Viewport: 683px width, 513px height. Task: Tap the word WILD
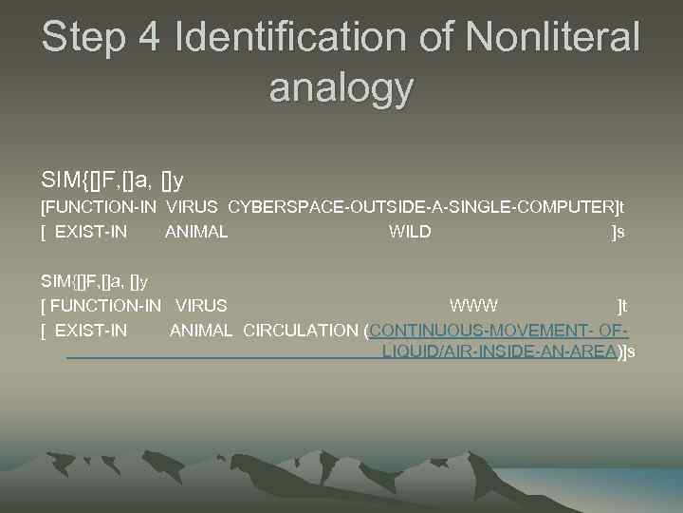point(410,232)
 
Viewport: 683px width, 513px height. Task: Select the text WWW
point(474,305)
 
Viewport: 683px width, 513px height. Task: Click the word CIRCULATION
point(302,331)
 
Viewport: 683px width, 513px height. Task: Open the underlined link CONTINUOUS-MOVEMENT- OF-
point(499,331)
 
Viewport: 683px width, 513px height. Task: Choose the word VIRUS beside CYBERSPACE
point(193,206)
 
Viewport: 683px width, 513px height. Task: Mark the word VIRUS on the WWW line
point(202,305)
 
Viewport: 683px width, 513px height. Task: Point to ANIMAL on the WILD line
point(196,232)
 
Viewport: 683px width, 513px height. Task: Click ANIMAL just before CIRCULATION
point(201,331)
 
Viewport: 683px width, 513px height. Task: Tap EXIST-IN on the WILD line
point(91,232)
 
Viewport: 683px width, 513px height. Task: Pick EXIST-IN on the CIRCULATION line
point(91,331)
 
